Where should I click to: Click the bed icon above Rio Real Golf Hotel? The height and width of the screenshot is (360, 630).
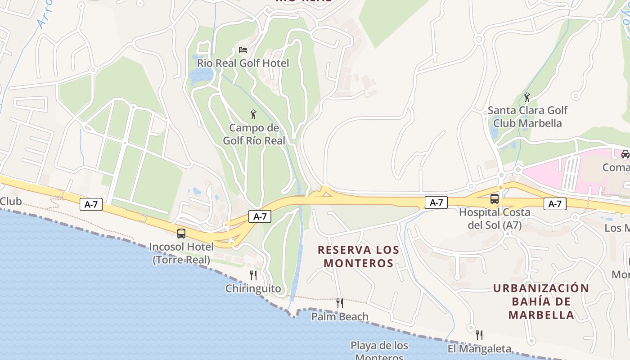pos(243,49)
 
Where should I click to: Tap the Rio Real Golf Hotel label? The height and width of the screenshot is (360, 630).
pos(243,63)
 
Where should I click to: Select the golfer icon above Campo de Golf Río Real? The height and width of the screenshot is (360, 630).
pos(253,114)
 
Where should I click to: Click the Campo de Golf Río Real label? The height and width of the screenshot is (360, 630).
pos(254,134)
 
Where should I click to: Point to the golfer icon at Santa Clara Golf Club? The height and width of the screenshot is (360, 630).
pos(527,97)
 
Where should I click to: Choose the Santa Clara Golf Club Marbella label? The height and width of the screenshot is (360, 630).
pos(527,117)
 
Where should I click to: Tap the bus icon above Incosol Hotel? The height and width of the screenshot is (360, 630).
pos(181,234)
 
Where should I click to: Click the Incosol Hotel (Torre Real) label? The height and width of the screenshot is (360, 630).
pos(181,253)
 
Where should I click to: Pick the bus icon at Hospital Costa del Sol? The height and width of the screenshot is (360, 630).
pos(495,198)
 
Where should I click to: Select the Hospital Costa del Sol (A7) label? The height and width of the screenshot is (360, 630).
pos(495,218)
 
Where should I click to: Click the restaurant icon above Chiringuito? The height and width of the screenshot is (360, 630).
pos(253,275)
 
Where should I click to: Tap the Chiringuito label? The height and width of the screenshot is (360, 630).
pos(253,289)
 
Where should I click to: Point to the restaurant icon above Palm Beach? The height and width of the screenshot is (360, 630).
pos(340,303)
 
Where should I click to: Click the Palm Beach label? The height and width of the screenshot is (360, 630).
pos(340,317)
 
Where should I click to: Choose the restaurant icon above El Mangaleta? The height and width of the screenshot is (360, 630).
pos(479,335)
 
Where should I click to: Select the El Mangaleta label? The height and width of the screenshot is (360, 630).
pos(479,349)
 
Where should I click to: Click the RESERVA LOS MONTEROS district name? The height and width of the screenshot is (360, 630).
pos(359,256)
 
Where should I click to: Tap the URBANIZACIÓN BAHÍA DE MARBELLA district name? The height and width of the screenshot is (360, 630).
pos(541,301)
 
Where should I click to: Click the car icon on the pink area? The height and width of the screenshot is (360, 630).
pos(625,154)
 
